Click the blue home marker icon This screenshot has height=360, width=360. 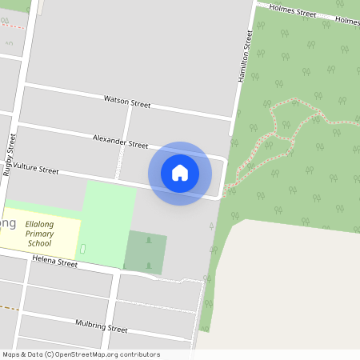[x=180, y=173]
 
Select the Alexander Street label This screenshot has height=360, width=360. [x=120, y=142]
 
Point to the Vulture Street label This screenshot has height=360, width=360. [x=36, y=170]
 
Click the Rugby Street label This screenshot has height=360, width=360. [x=10, y=154]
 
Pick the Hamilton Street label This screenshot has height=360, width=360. [x=246, y=54]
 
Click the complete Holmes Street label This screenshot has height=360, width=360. [x=293, y=11]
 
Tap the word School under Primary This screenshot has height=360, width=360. [x=39, y=243]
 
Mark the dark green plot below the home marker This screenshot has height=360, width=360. [x=146, y=253]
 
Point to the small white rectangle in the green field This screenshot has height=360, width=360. [x=83, y=251]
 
